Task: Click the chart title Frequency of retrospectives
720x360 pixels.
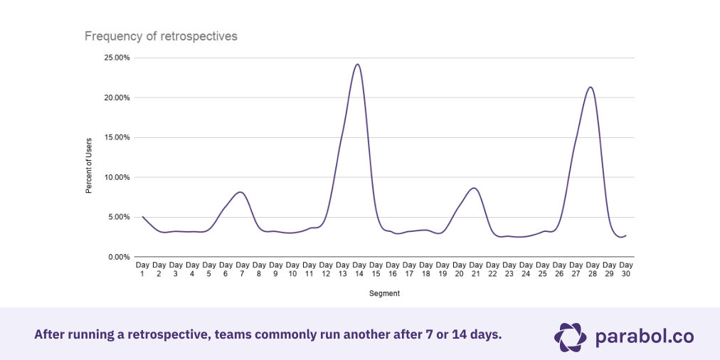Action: click(161, 36)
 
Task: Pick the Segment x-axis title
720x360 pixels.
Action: click(384, 292)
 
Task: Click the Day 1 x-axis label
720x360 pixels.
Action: click(142, 269)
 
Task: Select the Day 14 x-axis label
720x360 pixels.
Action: click(359, 269)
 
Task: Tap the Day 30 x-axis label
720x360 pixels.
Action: click(625, 269)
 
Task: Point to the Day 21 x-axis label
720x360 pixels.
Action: click(476, 269)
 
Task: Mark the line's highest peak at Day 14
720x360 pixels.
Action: click(357, 64)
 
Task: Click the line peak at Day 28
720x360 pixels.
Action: click(591, 87)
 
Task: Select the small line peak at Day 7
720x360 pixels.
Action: click(240, 192)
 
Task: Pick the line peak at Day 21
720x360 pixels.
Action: click(474, 188)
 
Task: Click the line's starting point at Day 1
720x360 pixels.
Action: click(143, 216)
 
